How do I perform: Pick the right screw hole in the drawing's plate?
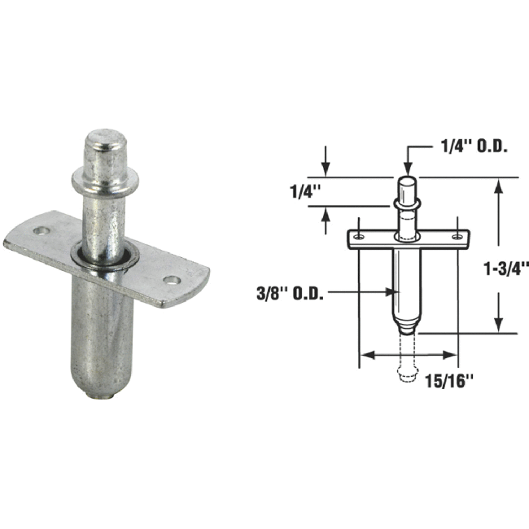458,237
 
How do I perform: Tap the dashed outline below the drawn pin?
408,365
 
